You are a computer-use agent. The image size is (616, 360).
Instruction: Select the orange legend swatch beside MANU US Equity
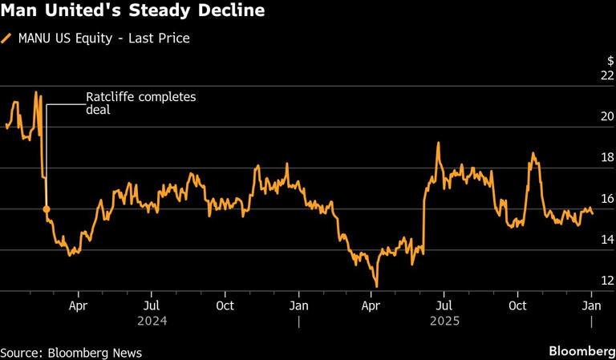point(8,38)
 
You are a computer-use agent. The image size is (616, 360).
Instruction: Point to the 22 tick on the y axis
point(607,75)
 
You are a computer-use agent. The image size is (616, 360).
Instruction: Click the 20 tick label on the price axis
point(607,116)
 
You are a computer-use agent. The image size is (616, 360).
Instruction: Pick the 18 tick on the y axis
point(607,158)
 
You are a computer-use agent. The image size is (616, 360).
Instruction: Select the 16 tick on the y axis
point(607,199)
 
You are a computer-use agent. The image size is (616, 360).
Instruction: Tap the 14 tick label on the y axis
point(607,240)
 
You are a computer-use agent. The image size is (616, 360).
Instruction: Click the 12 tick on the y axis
point(607,281)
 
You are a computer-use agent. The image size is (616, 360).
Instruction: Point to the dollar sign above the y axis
point(610,61)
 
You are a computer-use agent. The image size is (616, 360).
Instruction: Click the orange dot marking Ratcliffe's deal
point(47,209)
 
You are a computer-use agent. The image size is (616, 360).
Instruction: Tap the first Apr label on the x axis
point(78,305)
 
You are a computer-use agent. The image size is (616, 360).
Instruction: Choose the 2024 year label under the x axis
point(152,321)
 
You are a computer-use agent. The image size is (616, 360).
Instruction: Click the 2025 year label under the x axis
point(444,321)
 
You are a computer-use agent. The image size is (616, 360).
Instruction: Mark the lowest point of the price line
point(376,286)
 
